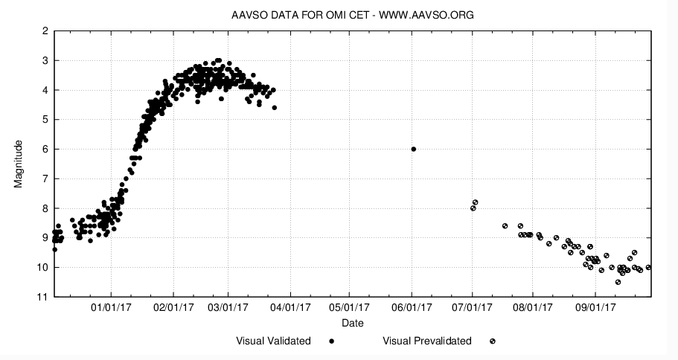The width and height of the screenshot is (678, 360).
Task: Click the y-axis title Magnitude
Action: [x=20, y=164]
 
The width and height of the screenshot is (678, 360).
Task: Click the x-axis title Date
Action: [x=353, y=324]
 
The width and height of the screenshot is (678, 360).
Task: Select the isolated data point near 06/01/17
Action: [x=414, y=149]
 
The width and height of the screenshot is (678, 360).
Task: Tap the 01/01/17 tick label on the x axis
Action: [x=111, y=306]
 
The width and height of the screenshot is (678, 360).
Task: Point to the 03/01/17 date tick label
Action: [x=228, y=306]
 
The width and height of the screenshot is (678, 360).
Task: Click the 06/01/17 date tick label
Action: [x=412, y=306]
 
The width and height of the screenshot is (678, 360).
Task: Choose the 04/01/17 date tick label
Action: [x=290, y=306]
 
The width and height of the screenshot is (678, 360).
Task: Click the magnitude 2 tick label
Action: [x=45, y=30]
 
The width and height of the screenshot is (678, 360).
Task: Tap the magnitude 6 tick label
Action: [x=45, y=149]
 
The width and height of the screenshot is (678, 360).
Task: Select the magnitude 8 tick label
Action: [x=45, y=208]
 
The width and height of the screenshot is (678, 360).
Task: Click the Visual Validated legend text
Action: [x=273, y=341]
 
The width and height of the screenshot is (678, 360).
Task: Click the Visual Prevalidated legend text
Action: [x=427, y=341]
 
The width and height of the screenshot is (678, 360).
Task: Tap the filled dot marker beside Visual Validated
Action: [x=331, y=341]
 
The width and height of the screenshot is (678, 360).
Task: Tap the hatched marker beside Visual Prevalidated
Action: [x=492, y=341]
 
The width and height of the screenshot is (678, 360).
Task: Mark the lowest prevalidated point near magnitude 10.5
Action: [x=618, y=282]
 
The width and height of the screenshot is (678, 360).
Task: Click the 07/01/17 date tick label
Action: [x=473, y=306]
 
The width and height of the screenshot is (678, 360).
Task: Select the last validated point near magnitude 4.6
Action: [x=275, y=108]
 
